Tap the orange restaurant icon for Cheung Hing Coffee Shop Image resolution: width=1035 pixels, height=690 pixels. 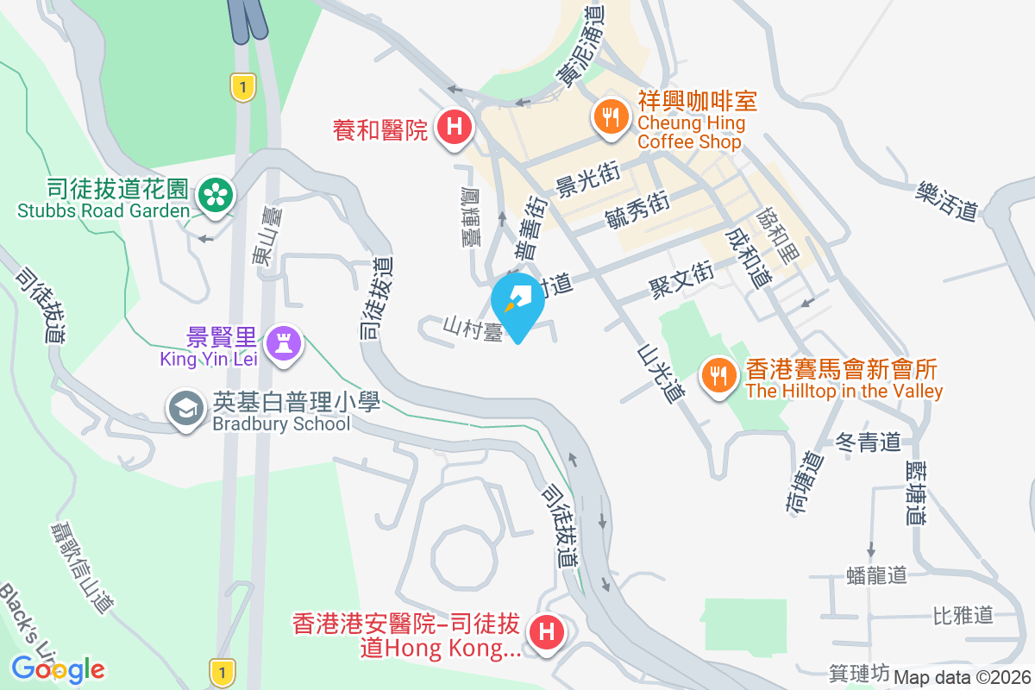pyautogui.click(x=611, y=116)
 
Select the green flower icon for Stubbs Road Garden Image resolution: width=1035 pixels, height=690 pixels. pyautogui.click(x=213, y=195)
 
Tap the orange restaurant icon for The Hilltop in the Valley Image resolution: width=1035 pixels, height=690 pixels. pyautogui.click(x=718, y=375)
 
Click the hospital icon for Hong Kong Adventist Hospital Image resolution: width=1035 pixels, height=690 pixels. pyautogui.click(x=545, y=634)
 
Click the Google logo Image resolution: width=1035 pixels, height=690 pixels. pyautogui.click(x=58, y=668)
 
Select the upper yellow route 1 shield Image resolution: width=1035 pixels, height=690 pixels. pyautogui.click(x=244, y=86)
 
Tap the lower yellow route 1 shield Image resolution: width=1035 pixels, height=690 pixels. pyautogui.click(x=222, y=671)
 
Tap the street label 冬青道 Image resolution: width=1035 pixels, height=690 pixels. pyautogui.click(x=869, y=443)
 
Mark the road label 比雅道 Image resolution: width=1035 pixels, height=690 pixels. pyautogui.click(x=963, y=615)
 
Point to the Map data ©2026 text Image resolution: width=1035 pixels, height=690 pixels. pyautogui.click(x=963, y=677)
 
